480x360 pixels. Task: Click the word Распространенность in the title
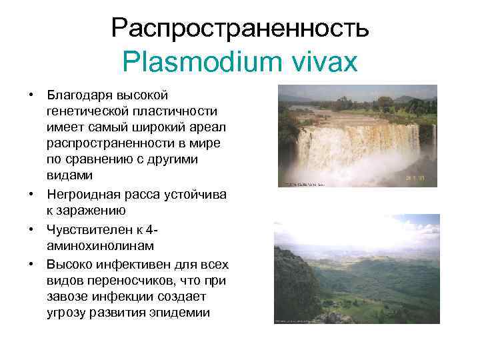(240, 28)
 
